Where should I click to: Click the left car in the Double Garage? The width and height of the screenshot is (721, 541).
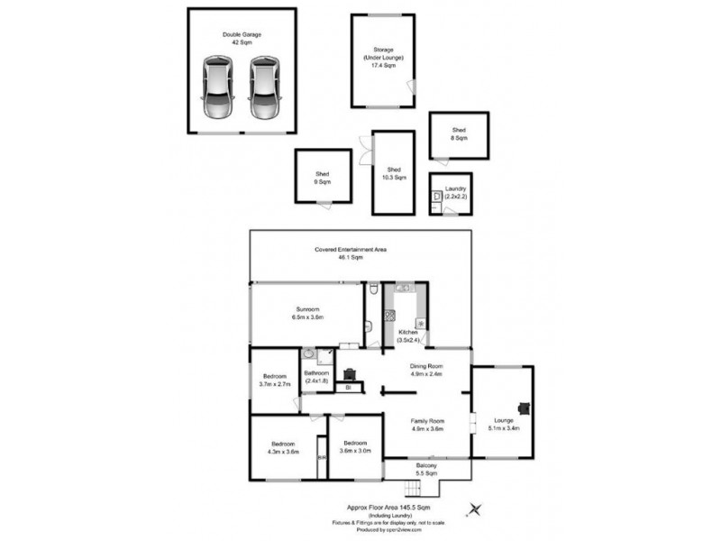[216, 88]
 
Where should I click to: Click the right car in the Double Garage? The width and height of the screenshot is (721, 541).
[264, 88]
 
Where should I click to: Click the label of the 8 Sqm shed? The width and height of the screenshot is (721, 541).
[459, 134]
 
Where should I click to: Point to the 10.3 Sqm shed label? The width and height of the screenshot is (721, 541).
[394, 174]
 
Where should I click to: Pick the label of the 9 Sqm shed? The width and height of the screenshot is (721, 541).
[321, 178]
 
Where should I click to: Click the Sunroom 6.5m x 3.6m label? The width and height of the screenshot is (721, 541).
[308, 313]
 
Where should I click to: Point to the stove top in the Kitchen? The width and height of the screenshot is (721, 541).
[391, 316]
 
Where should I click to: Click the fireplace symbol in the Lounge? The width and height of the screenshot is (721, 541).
[523, 407]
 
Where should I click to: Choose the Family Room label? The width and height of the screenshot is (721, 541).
[427, 425]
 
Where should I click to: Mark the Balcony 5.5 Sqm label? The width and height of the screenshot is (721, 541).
[426, 469]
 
